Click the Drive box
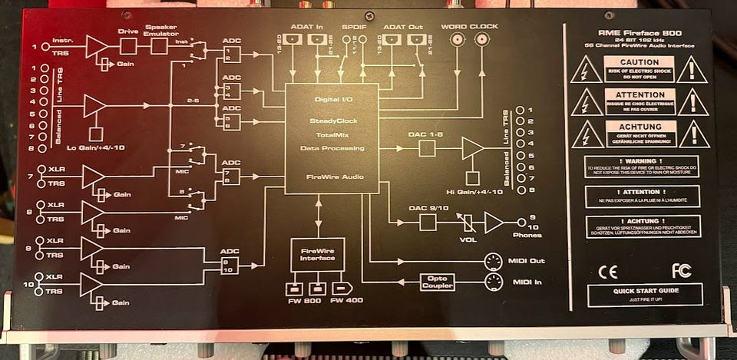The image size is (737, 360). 128,46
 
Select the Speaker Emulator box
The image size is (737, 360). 160,46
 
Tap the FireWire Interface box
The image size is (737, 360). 317,254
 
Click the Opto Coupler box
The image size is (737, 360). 437,282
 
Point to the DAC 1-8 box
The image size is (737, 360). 428,147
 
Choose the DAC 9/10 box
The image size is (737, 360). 428,223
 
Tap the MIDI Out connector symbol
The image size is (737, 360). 493,261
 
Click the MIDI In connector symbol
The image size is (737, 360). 493,282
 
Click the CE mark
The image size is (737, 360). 607,270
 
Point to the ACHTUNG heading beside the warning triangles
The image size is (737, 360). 640,126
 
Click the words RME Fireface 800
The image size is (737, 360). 640,33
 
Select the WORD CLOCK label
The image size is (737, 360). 470,27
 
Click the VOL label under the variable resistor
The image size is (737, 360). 468,239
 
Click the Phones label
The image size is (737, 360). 527,235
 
